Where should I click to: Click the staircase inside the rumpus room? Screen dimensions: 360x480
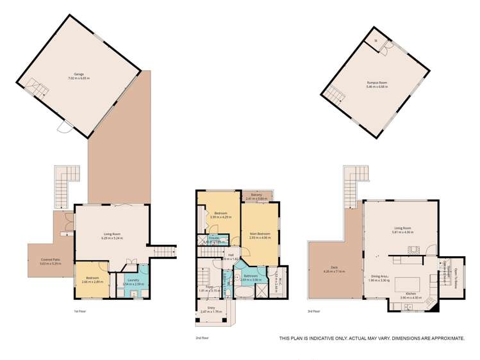(x=335, y=95)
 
